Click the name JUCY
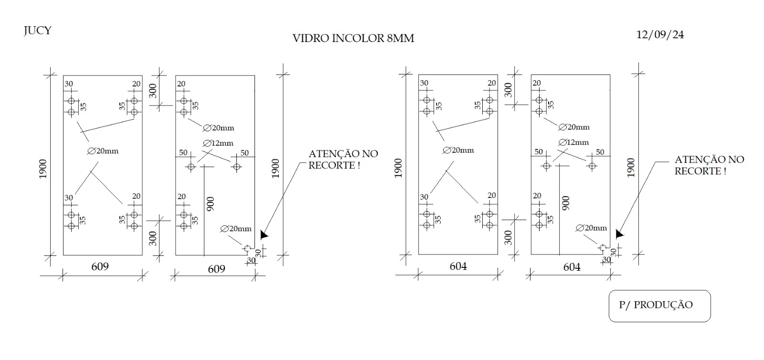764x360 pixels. pyautogui.click(x=38, y=31)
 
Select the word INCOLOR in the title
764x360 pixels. pyautogui.click(x=358, y=38)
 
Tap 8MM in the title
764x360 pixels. pyautogui.click(x=401, y=38)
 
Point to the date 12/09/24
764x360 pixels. pyautogui.click(x=660, y=35)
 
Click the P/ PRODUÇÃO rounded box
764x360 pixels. pyautogui.click(x=659, y=306)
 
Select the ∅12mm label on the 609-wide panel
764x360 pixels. pyautogui.click(x=218, y=143)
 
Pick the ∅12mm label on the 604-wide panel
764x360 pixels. pyautogui.click(x=573, y=142)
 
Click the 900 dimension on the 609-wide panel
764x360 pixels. pyautogui.click(x=211, y=204)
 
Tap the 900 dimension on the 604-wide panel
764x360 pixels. pyautogui.click(x=565, y=203)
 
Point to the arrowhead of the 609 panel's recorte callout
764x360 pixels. pyautogui.click(x=264, y=235)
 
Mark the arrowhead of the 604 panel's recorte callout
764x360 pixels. pyautogui.click(x=619, y=234)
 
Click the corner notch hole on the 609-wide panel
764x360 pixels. pyautogui.click(x=247, y=248)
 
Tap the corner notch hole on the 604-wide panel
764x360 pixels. pyautogui.click(x=603, y=247)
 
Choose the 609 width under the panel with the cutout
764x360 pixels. pyautogui.click(x=217, y=269)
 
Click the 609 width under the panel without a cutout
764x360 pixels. pyautogui.click(x=100, y=266)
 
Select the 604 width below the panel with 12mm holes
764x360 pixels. pyautogui.click(x=572, y=267)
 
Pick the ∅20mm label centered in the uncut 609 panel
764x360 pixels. pyautogui.click(x=103, y=151)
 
